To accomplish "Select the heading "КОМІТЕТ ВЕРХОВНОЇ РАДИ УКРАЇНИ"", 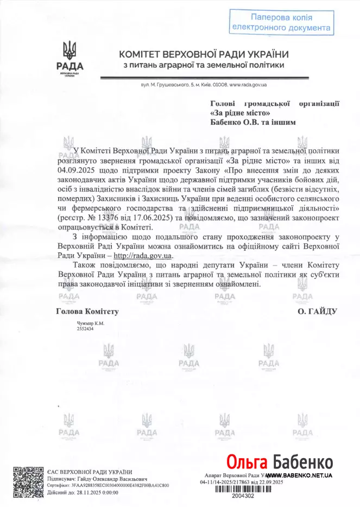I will [204, 54].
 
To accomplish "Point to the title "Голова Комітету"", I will [87, 312].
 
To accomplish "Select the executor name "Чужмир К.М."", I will [90, 324].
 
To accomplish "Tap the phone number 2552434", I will [85, 329].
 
